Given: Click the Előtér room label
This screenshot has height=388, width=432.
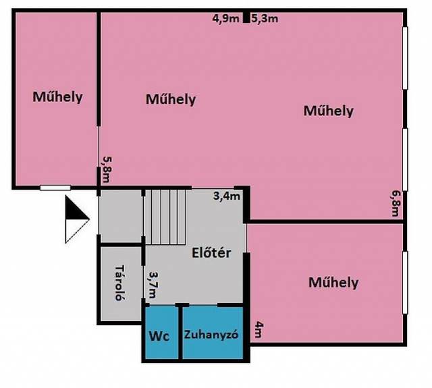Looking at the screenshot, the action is [x=211, y=253].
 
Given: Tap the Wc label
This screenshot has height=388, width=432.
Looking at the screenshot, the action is [x=159, y=336].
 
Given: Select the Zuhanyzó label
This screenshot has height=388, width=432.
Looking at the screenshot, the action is [x=211, y=335].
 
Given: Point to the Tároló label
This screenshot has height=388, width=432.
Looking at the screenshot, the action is [x=119, y=283].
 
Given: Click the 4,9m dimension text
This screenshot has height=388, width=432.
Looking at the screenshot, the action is [x=225, y=18].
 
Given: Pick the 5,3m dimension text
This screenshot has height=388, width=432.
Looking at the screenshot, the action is [x=265, y=18].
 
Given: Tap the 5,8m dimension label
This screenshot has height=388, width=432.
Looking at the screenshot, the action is [x=107, y=169].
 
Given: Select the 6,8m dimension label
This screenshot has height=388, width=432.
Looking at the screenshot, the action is [x=396, y=203].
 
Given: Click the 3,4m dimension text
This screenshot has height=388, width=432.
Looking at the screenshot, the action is [x=227, y=196].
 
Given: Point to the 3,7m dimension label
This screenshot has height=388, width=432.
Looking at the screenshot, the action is [x=153, y=285].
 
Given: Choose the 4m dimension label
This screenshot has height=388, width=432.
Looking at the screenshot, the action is [x=259, y=329].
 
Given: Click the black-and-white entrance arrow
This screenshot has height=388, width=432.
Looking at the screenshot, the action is [x=77, y=219].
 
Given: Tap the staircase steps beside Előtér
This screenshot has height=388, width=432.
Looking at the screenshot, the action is [x=165, y=217].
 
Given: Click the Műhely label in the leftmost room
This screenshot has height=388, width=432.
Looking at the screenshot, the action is [x=57, y=97].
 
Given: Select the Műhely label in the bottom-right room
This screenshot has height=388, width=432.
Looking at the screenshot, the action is [x=333, y=283].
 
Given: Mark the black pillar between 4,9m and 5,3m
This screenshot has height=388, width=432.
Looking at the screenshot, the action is [x=246, y=18].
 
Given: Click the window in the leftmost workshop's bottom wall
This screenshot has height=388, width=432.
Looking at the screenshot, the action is [x=55, y=188].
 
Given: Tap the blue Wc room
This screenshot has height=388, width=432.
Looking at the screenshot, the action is [x=162, y=333].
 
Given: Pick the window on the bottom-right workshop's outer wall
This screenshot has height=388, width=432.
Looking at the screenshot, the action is [x=405, y=283].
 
